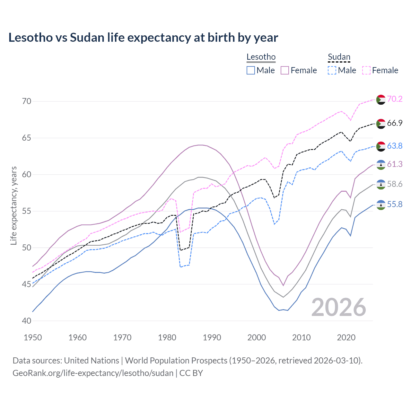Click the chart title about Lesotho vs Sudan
coord(143,38)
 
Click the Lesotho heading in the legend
coord(261,57)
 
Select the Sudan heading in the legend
coord(339,57)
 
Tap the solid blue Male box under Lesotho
coord(251,70)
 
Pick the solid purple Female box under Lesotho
coord(285,70)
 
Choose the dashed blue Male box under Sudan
coord(332,70)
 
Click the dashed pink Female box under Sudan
coord(366,70)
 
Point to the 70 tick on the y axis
coord(27,101)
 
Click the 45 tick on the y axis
coord(27,284)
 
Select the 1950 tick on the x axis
coord(33,337)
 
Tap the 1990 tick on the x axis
coord(212,337)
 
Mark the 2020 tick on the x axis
coord(346,337)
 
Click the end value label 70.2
coord(395,99)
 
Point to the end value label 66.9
coord(395,123)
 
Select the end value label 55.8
coord(395,205)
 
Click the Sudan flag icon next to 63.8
coord(381,146)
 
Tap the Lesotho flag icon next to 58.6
coord(381,184)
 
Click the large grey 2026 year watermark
coord(339,307)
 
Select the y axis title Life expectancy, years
coord(13,205)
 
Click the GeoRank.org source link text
coord(93,373)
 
